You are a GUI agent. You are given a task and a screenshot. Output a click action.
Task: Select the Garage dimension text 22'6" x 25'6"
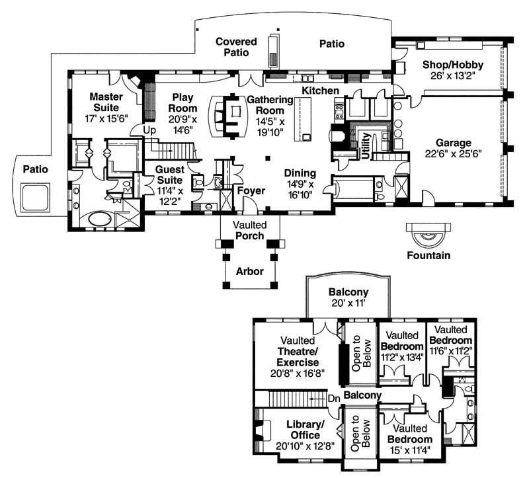[x=453, y=155]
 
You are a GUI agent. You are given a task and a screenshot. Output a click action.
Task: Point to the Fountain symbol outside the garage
[x=428, y=233]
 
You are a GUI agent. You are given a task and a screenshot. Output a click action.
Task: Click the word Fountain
[x=428, y=255]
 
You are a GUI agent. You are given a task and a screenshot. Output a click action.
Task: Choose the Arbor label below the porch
[x=250, y=271]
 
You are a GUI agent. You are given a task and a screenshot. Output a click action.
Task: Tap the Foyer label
[x=251, y=191]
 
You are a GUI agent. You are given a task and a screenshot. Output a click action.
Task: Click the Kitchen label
[x=321, y=90]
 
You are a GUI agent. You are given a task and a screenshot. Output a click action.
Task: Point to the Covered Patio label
[x=235, y=46]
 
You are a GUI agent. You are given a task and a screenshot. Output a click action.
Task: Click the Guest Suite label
[x=170, y=175]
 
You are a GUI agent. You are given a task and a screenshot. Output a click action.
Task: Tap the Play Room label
[x=183, y=102]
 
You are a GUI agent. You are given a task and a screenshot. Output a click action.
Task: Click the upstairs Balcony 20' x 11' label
[x=348, y=298]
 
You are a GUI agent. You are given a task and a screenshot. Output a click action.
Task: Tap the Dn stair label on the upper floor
[x=334, y=398]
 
